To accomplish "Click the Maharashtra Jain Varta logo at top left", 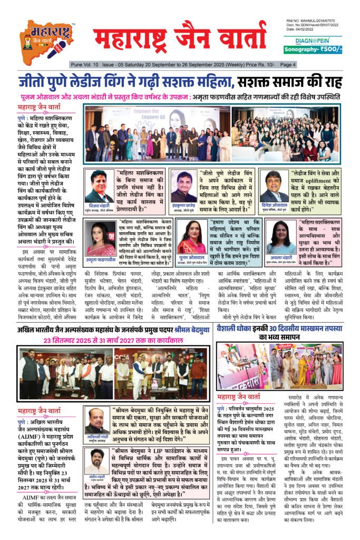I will coord(46,40).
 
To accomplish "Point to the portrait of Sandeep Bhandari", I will coord(96,461).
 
